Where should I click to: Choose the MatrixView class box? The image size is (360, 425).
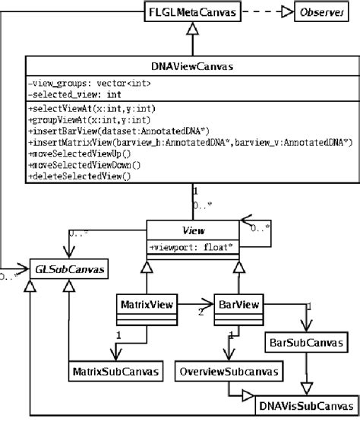click(144, 305)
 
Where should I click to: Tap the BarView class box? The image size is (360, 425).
click(238, 305)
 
